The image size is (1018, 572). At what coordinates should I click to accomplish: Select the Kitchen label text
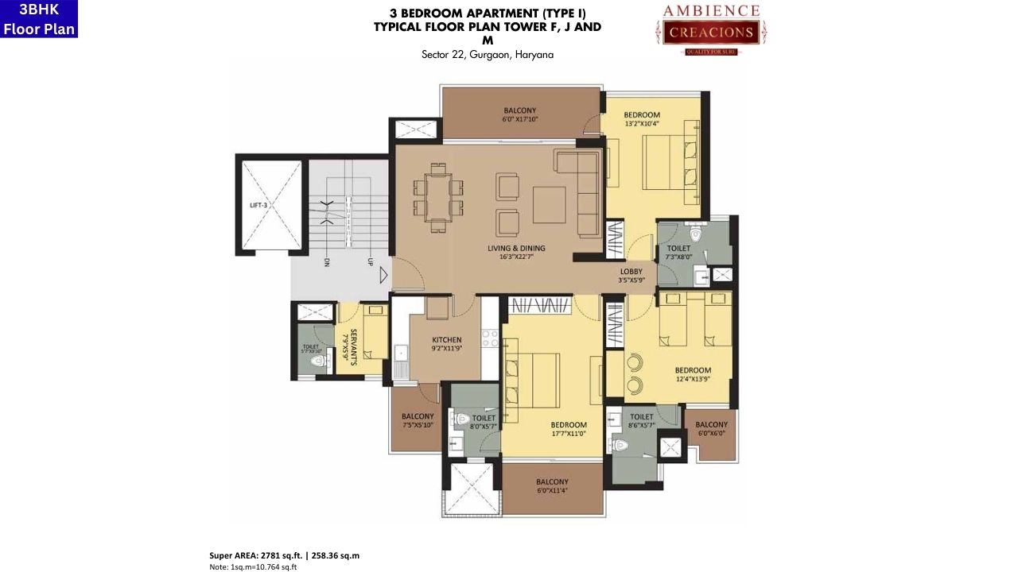click(x=446, y=344)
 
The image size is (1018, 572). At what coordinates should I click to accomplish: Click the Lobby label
click(x=631, y=276)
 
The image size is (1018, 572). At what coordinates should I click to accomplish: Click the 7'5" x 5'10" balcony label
click(x=418, y=421)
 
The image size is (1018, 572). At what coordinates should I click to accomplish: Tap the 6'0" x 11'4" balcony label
click(x=552, y=486)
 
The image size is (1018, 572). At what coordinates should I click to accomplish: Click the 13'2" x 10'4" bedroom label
click(x=642, y=119)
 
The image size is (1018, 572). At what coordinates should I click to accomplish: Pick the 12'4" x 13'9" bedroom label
click(x=693, y=375)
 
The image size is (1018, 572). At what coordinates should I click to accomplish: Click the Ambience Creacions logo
click(x=712, y=29)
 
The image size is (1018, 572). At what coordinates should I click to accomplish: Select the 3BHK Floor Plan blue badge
click(x=39, y=19)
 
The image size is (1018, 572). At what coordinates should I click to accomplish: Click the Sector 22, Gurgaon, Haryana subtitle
click(x=488, y=55)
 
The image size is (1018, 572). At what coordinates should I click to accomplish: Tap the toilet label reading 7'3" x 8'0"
click(x=678, y=253)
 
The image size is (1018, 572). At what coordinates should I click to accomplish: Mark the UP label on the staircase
click(x=368, y=262)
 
